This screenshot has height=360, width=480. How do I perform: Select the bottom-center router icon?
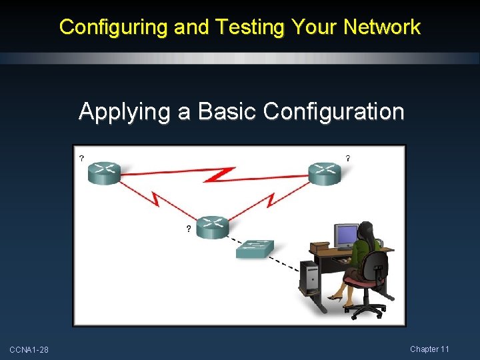tap(213, 227)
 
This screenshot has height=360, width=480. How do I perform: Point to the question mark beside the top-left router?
tap(81, 159)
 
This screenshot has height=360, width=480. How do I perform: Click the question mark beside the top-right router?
tap(348, 159)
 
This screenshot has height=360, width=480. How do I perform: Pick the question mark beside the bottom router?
tap(188, 229)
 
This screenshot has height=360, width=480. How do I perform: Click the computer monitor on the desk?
tap(345, 236)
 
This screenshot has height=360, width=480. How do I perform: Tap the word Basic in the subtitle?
tap(217, 111)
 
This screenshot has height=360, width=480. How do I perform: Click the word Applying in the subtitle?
tap(125, 112)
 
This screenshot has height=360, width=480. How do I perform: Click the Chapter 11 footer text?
tap(429, 349)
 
